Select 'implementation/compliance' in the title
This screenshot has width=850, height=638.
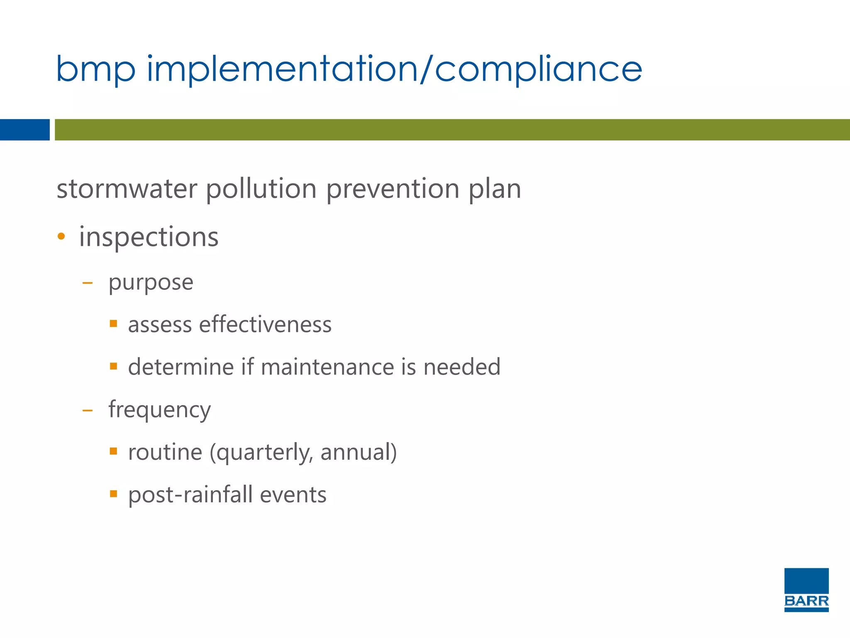pyautogui.click(x=394, y=69)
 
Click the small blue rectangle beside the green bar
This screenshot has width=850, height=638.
pyautogui.click(x=24, y=130)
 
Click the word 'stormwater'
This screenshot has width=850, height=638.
pyautogui.click(x=127, y=189)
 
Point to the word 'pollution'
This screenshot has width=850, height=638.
pyautogui.click(x=261, y=189)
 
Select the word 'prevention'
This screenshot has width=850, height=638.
pyautogui.click(x=392, y=189)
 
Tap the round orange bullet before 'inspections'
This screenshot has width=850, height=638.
pyautogui.click(x=61, y=237)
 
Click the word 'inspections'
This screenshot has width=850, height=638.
pyautogui.click(x=149, y=237)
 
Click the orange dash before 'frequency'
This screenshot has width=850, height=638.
pyautogui.click(x=88, y=411)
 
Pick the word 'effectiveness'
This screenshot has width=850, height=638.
pyautogui.click(x=265, y=324)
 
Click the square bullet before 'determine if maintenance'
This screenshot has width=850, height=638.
pyautogui.click(x=113, y=366)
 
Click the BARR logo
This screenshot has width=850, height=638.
pyautogui.click(x=806, y=589)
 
